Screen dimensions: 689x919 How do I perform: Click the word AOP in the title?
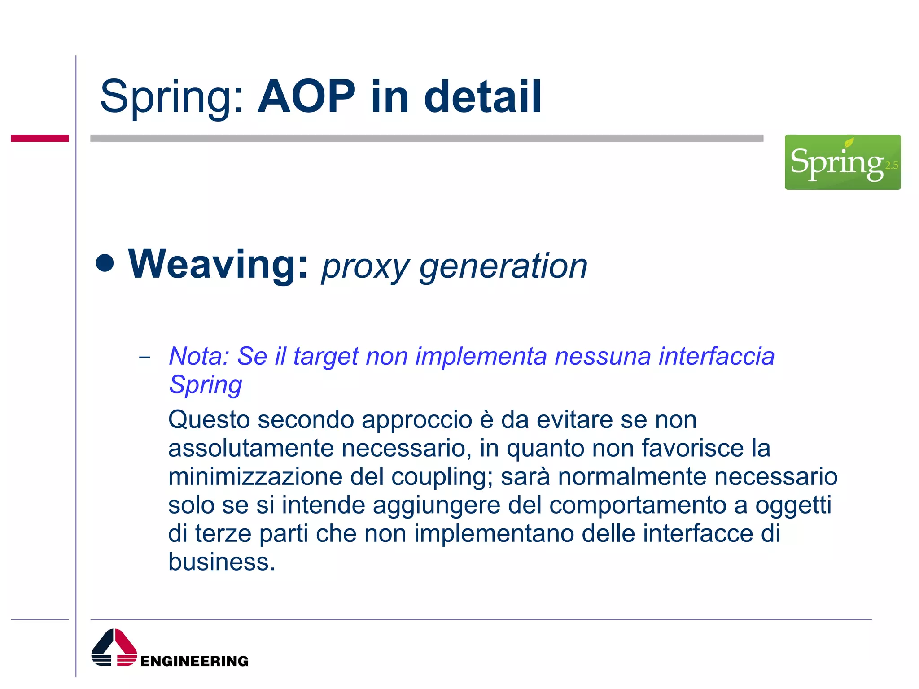point(306,96)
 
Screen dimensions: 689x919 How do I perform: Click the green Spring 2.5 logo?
point(842,162)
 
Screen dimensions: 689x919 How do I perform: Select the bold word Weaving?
point(218,265)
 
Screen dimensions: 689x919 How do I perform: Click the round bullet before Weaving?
point(105,263)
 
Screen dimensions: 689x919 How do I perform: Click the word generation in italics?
point(503,267)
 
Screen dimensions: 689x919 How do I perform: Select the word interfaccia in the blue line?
point(716,356)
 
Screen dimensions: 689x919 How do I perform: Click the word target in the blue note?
point(326,357)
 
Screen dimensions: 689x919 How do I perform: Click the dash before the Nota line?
point(144,358)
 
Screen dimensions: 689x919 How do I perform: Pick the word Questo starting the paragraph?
point(209,420)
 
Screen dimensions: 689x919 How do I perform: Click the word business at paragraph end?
point(221,562)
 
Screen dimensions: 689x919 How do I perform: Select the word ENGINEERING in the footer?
point(194,661)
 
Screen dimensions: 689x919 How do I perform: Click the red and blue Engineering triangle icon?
point(114,648)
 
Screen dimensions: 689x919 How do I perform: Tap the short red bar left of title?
point(39,138)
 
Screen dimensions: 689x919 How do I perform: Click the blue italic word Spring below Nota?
point(206,385)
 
